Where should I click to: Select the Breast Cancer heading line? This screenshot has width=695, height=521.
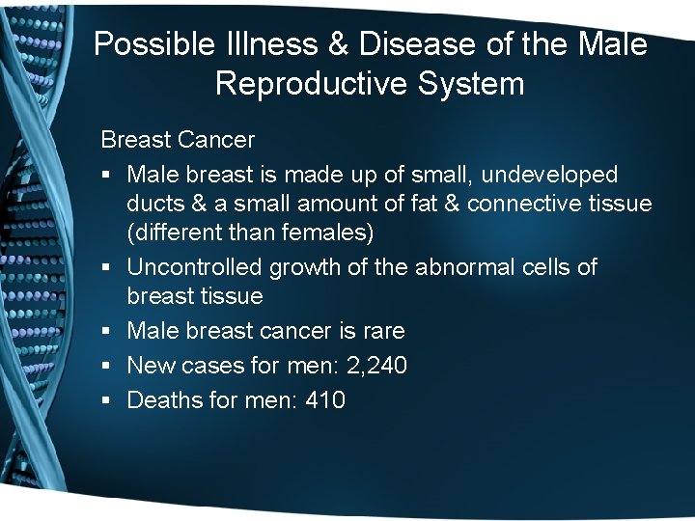(178, 140)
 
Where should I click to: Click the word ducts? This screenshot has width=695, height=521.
(154, 205)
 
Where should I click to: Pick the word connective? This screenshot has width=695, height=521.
(522, 205)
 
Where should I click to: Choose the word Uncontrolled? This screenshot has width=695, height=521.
(195, 266)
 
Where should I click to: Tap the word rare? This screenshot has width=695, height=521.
(384, 331)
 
